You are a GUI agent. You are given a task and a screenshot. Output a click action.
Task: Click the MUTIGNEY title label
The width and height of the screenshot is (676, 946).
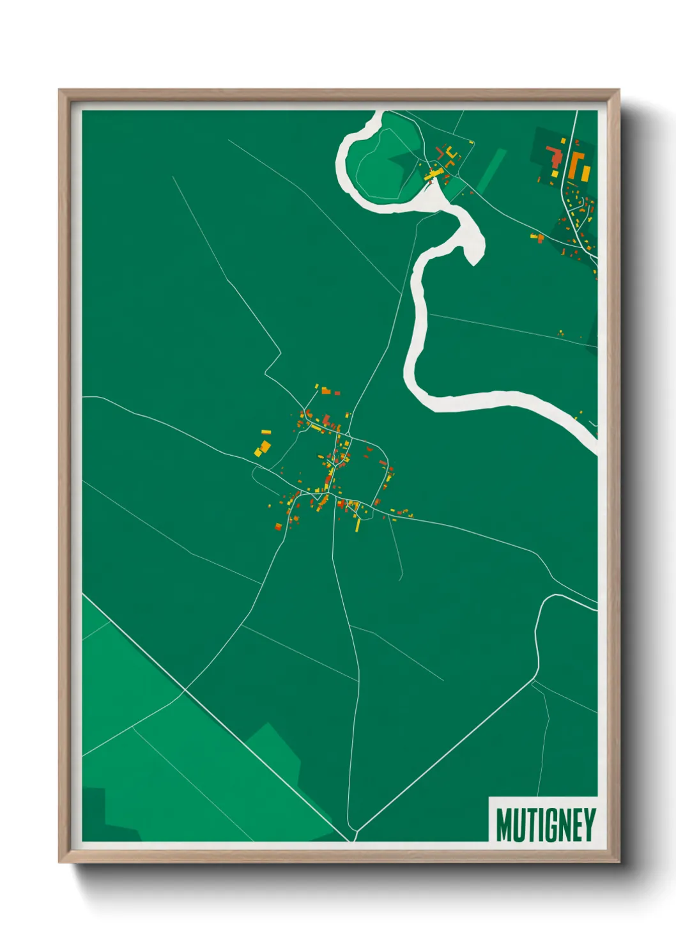click(545, 825)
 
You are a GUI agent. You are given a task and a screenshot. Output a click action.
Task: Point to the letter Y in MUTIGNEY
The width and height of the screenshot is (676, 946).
click(589, 825)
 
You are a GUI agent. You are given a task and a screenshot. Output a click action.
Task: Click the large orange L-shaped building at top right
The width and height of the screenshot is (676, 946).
click(576, 164)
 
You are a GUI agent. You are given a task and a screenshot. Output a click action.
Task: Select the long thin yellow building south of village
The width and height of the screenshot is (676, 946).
click(358, 525)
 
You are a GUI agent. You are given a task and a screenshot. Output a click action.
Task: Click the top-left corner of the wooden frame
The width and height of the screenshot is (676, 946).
click(60, 91)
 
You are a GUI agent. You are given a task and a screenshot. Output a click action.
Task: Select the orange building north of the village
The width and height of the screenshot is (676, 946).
click(326, 390)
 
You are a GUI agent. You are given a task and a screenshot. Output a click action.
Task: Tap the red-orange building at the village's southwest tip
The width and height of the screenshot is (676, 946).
click(279, 526)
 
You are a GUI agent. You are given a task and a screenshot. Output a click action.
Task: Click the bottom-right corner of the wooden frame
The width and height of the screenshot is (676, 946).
click(618, 861)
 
